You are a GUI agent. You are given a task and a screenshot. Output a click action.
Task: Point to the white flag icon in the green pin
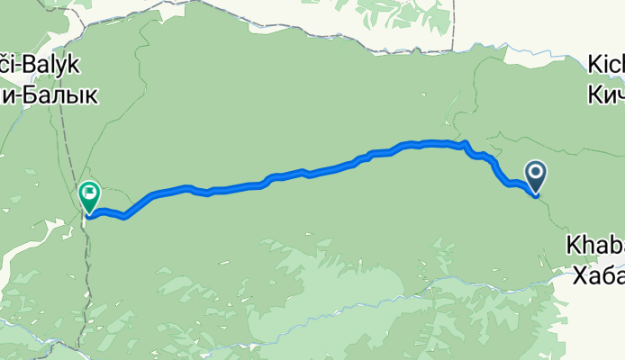(x=90, y=192)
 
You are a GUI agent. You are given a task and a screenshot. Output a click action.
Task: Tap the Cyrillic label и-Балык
(x=50, y=93)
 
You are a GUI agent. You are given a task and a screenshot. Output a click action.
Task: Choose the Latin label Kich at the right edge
(x=605, y=66)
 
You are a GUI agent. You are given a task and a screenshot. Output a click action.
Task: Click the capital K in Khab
(x=574, y=245)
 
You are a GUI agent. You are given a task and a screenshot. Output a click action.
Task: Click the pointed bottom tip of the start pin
(x=535, y=194)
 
